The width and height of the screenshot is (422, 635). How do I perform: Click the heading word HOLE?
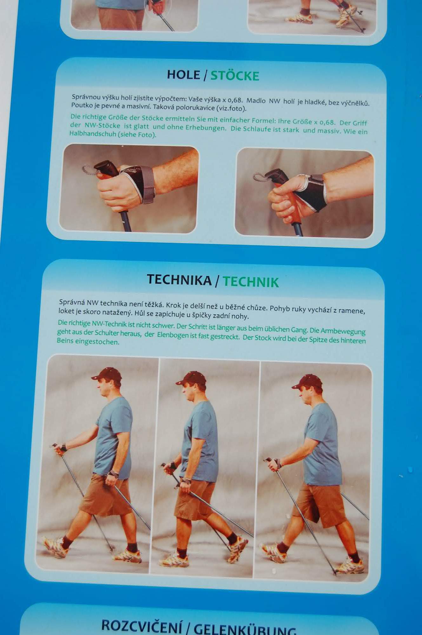(183, 75)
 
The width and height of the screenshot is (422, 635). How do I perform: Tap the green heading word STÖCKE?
(235, 76)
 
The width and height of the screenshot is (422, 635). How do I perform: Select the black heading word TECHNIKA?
(179, 280)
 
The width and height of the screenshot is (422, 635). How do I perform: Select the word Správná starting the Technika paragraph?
(72, 302)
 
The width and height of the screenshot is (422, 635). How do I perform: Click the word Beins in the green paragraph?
(65, 341)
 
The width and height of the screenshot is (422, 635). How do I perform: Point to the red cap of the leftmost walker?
(107, 374)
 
